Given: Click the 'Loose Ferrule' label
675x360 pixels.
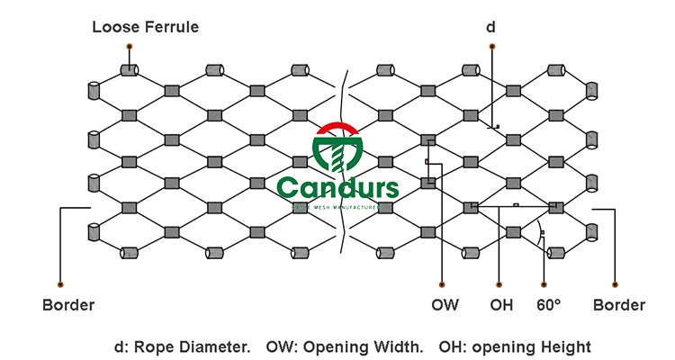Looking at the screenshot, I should coord(145,27).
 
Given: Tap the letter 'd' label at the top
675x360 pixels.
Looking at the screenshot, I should coord(490,27).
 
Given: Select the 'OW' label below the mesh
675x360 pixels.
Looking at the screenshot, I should coord(445,304).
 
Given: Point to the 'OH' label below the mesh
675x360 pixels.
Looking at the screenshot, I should coord(501,304).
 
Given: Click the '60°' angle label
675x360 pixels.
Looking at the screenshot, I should coord(549,304).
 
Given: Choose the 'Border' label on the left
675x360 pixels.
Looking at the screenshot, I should coord(68,304).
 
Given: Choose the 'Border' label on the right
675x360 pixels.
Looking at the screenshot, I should coord(618,304).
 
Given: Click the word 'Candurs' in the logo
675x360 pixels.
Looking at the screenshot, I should coord(337,188).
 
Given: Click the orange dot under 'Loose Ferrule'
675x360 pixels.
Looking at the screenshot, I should coord(130,46).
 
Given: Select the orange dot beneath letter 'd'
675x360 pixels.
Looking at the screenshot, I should coord(492,46).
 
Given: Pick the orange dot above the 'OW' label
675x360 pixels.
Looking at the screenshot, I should coord(440,283).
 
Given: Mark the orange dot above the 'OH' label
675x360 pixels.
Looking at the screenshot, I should coord(499,283).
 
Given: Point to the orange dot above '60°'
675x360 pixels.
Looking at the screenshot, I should coord(544,283).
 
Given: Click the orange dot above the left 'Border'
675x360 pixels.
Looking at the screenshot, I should coord(60,283).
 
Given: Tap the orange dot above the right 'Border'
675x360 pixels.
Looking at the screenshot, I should coord(616,283).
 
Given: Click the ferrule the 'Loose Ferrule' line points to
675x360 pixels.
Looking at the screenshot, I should coord(130,69).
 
